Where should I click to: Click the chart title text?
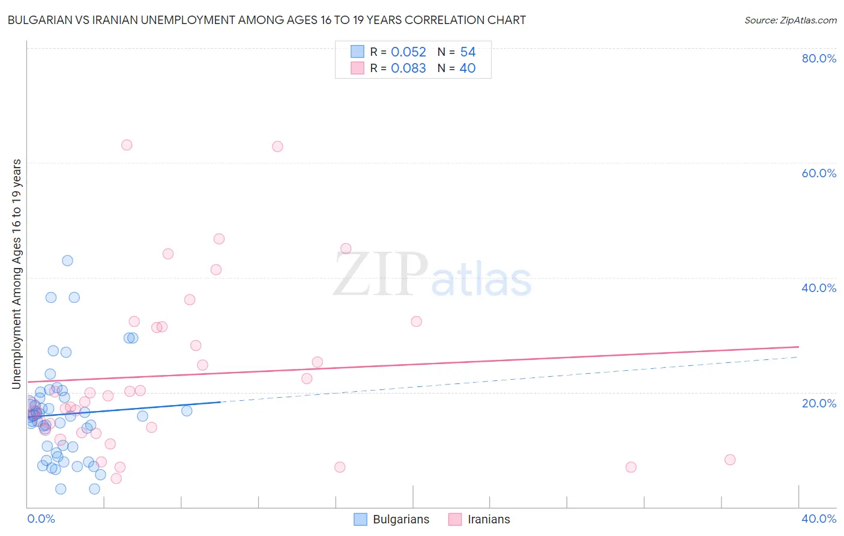click(x=267, y=20)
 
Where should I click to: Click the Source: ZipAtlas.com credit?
click(x=790, y=20)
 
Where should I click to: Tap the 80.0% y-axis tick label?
click(x=819, y=58)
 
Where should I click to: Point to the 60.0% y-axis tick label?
click(x=819, y=173)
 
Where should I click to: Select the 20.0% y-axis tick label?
click(x=819, y=403)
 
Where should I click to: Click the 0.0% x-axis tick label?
click(x=41, y=519)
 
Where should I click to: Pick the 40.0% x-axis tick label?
click(x=819, y=519)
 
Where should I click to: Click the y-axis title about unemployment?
click(x=17, y=273)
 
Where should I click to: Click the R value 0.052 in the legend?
click(x=408, y=52)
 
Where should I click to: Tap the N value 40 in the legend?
click(x=467, y=69)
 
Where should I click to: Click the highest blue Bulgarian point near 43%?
click(x=68, y=261)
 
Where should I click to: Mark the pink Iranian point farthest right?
click(x=730, y=460)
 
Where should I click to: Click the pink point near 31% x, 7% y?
click(x=631, y=467)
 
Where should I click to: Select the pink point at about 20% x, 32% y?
click(x=417, y=321)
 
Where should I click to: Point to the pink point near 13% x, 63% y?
click(x=277, y=147)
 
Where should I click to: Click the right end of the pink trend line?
click(x=798, y=347)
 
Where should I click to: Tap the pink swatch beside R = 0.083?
click(x=358, y=68)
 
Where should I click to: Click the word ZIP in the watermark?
click(x=381, y=275)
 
